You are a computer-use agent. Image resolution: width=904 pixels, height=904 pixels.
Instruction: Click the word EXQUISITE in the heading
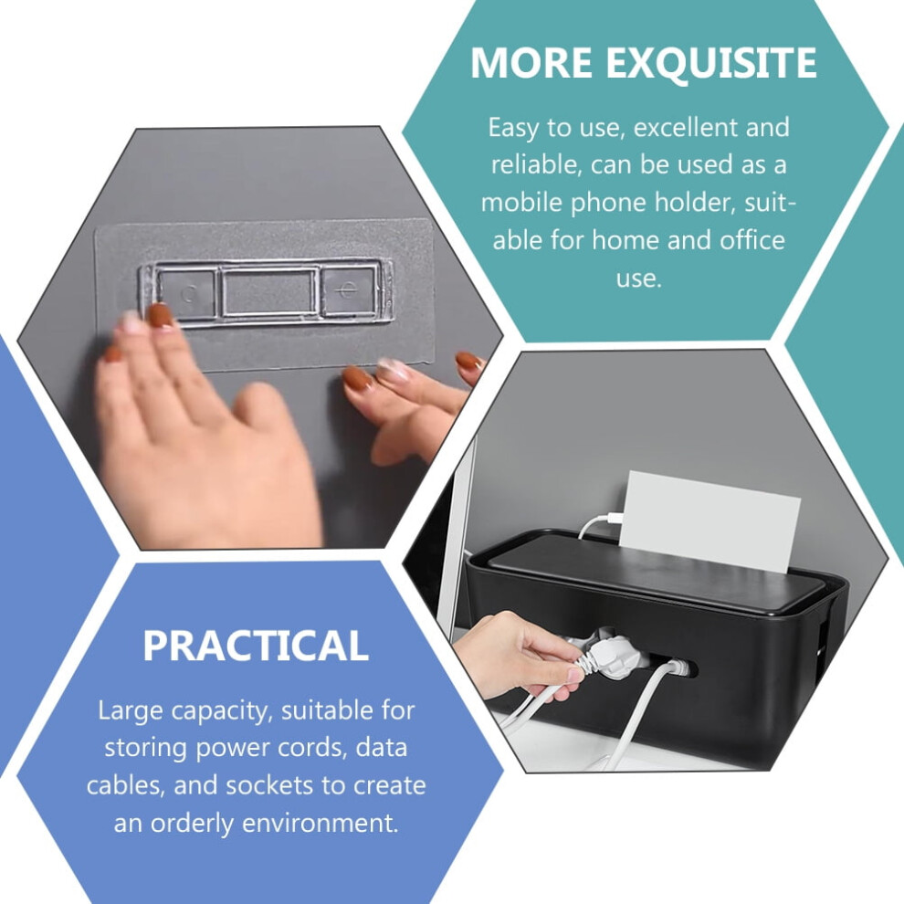[710, 63]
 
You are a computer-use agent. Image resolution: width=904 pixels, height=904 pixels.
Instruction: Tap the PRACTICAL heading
[256, 646]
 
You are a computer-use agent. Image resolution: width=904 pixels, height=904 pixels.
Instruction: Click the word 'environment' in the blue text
[320, 823]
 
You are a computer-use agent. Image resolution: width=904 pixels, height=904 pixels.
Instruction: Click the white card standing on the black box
[709, 521]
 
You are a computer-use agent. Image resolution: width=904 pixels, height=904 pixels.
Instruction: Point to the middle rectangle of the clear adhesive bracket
[269, 291]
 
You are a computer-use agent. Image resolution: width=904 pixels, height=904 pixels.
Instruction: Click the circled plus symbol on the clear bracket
[346, 289]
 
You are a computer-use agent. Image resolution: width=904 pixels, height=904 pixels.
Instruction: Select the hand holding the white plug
[516, 655]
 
